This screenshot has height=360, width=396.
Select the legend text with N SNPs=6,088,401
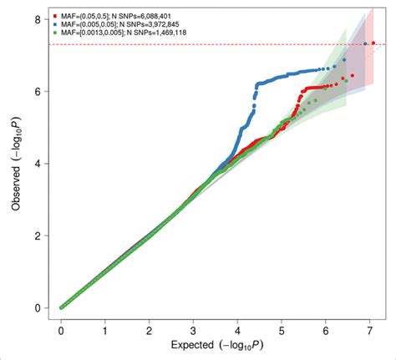pyautogui.click(x=114, y=15)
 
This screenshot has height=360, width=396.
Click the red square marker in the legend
pyautogui.click(x=55, y=15)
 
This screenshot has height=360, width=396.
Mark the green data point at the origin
pyautogui.click(x=62, y=307)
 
